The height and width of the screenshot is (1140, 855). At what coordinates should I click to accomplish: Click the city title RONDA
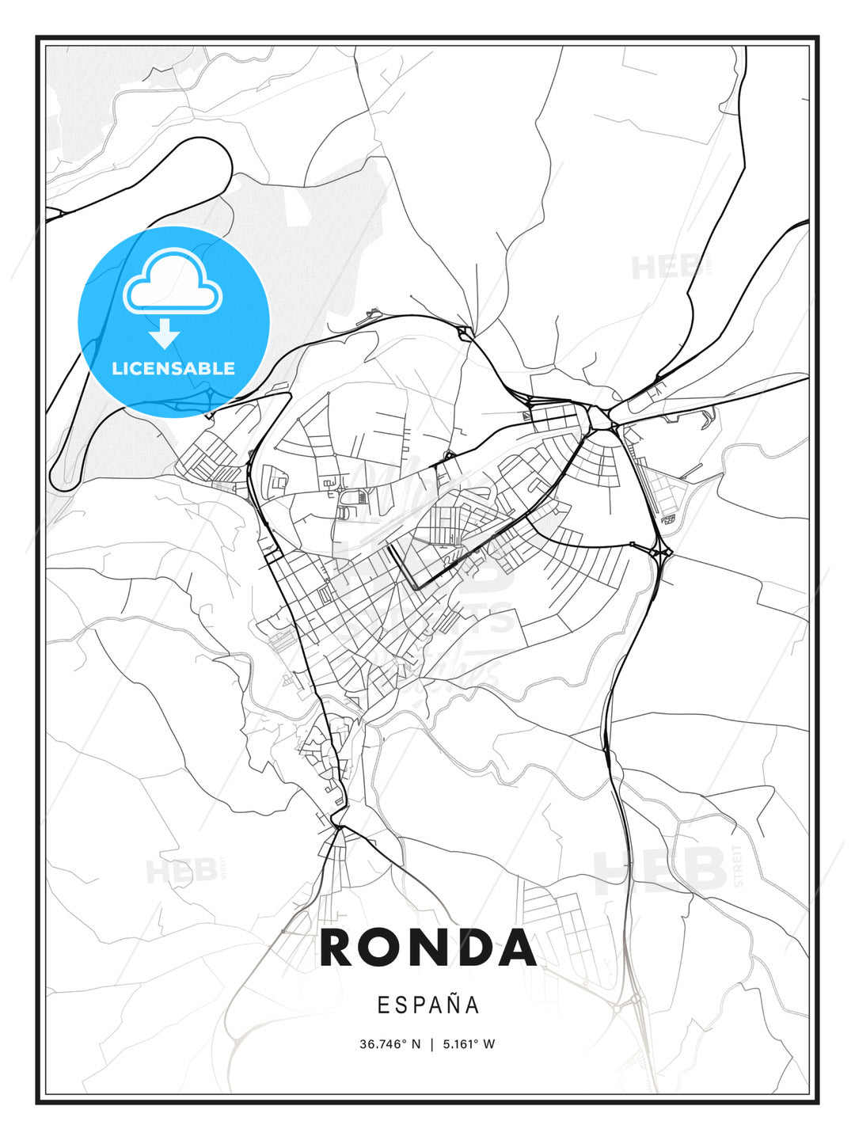coord(428,948)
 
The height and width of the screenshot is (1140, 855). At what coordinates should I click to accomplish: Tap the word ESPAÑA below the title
coord(428,1005)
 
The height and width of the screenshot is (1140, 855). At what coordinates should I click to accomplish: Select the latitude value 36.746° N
coord(390,1044)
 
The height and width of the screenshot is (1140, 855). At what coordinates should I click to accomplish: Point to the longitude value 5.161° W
coord(468,1044)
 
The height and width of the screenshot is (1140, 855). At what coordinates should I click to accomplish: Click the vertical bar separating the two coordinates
coord(431,1044)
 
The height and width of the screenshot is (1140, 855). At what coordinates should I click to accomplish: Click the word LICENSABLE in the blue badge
coord(173,368)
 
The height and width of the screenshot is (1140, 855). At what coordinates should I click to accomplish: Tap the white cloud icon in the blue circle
coord(173,282)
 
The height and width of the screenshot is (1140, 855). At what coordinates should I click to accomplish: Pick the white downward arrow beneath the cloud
coord(165,333)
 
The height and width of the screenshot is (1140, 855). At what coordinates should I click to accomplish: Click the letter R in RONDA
coord(339,948)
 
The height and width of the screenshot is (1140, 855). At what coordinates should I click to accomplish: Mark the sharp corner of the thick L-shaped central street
coord(417,587)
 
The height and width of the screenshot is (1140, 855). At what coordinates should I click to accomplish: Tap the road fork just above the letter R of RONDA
coord(339,827)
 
